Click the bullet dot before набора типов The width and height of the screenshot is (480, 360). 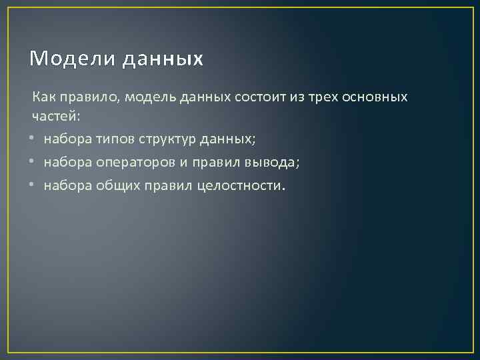32,139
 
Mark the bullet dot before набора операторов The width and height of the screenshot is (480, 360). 32,162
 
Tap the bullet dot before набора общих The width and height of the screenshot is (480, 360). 32,185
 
